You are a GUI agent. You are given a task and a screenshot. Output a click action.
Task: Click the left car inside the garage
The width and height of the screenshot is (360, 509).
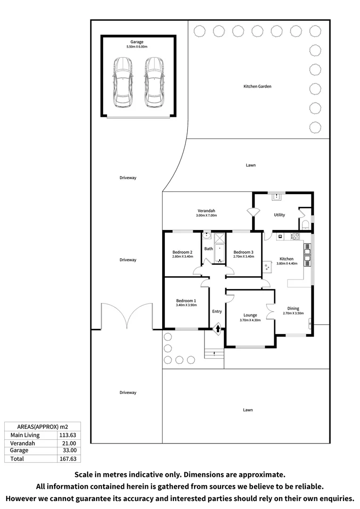(122, 82)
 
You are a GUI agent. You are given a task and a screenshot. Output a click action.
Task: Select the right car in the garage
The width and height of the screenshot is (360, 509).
(154, 82)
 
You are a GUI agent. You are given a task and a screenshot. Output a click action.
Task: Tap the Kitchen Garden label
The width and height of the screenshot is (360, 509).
(257, 86)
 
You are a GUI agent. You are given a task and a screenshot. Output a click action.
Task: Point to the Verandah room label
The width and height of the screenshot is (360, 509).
(206, 210)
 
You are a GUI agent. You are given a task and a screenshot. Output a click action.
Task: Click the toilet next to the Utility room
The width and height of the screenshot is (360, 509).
(305, 223)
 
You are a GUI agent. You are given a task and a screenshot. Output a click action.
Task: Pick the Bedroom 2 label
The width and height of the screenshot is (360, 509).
(182, 252)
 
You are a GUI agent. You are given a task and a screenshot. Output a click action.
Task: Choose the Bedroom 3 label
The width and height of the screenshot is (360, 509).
(243, 252)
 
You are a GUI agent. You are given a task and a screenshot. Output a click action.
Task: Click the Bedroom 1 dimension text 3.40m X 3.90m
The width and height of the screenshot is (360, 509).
(186, 305)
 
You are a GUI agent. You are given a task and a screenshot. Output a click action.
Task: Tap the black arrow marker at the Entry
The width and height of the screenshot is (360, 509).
(218, 328)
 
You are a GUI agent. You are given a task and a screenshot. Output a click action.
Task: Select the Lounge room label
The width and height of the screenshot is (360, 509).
(250, 315)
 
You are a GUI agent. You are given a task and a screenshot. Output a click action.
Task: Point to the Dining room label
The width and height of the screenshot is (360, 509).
(293, 308)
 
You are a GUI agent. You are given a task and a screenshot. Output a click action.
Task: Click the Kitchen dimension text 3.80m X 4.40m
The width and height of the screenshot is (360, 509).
(286, 264)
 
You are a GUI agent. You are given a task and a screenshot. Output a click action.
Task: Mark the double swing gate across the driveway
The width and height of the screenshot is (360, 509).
(126, 317)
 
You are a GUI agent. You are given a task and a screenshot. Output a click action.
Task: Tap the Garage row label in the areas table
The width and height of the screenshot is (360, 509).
(19, 451)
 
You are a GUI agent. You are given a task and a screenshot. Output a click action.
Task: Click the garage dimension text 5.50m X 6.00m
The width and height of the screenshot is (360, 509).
(137, 47)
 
